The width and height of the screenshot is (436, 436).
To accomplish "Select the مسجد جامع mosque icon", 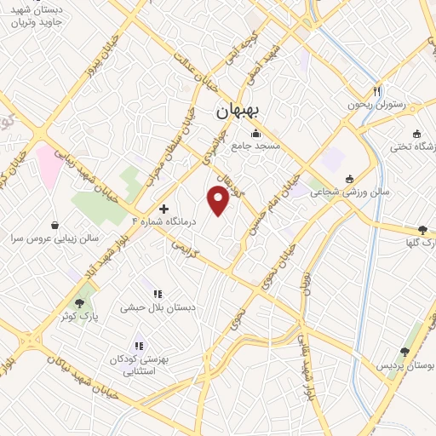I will (x=255, y=133).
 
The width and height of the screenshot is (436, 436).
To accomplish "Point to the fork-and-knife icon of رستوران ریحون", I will (x=377, y=91).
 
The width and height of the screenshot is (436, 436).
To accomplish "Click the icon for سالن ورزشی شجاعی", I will (x=349, y=179).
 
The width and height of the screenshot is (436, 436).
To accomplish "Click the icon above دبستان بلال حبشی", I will (x=158, y=294).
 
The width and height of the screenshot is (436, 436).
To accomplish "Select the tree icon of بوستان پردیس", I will (x=404, y=351).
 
